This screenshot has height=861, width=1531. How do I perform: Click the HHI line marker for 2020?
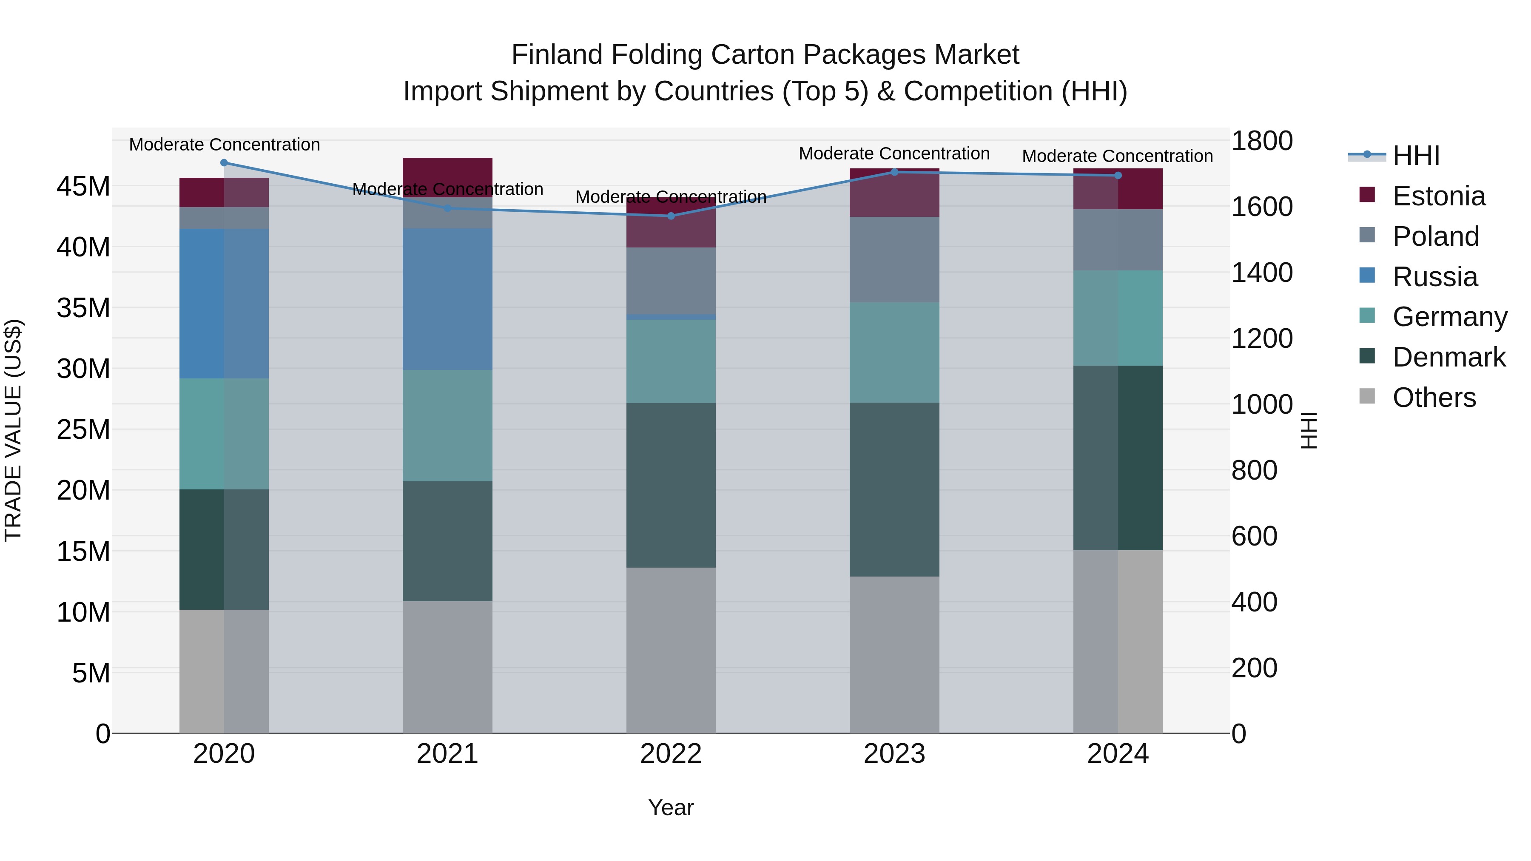[224, 163]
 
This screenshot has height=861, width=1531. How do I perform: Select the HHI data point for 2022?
[671, 216]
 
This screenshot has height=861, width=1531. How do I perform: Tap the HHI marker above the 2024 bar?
[1117, 175]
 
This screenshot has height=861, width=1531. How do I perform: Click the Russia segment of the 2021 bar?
[447, 299]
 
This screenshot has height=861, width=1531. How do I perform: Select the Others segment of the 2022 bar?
[671, 650]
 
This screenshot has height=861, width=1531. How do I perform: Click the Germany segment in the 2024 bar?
[1117, 318]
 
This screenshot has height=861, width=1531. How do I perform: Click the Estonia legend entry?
[1438, 196]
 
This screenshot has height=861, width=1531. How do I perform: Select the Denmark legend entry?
[1448, 357]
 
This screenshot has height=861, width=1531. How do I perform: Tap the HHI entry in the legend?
[1416, 156]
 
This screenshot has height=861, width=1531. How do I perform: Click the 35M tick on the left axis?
[83, 308]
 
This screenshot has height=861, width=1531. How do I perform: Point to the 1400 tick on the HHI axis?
[1261, 273]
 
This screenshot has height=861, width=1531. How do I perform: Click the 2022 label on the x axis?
[671, 754]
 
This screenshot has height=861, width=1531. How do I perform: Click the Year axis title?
[671, 807]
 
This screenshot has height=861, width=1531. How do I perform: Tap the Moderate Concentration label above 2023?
[894, 153]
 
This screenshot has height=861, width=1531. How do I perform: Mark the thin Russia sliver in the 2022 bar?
[671, 317]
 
